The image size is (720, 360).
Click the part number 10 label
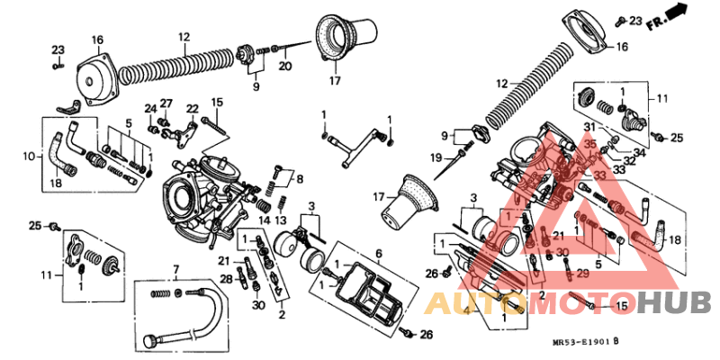point(28,156)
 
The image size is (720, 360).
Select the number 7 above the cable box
point(176,269)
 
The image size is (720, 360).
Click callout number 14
point(265,220)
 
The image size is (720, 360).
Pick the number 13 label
point(281,220)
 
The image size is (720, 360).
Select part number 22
point(192,109)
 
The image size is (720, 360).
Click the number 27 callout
point(166,103)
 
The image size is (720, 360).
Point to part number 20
point(285,66)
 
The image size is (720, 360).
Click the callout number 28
point(227,280)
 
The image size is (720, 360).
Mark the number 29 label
point(582,272)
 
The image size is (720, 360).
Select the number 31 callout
point(589,126)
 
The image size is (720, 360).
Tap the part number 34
point(640,152)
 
